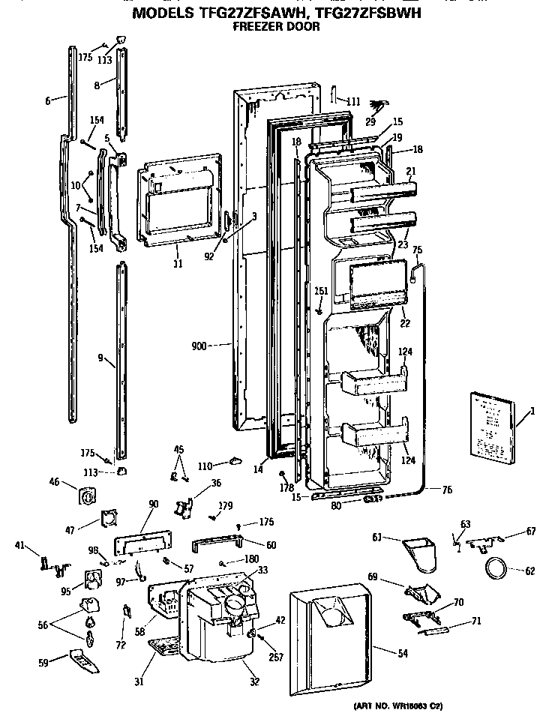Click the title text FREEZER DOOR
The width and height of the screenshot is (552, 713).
click(x=277, y=26)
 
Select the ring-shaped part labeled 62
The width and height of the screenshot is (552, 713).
click(x=496, y=568)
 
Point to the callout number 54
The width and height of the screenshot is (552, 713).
click(x=403, y=654)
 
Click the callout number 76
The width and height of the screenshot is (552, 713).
click(x=446, y=490)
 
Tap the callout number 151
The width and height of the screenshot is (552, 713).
click(x=320, y=292)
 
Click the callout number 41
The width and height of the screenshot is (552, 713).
click(x=20, y=545)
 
